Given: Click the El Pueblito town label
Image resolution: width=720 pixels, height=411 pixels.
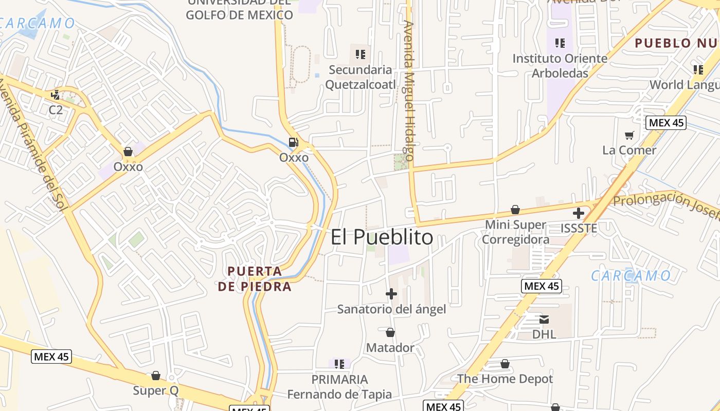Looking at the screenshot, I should point(382,237).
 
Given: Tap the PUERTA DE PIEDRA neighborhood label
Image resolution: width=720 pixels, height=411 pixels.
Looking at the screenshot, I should point(255,278).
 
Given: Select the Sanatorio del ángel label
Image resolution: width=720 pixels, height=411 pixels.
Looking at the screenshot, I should point(391,309).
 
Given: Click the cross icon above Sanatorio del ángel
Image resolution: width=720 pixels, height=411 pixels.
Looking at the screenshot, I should point(391,294).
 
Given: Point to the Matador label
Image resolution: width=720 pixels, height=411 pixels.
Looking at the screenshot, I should point(390,348).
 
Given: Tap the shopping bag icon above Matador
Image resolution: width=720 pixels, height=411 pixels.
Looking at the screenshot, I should point(390,333).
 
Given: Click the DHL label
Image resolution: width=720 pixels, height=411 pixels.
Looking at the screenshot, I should point(544,334).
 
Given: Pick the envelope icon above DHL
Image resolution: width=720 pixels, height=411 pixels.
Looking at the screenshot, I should point(544,320).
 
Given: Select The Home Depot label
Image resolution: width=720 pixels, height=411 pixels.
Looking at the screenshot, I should point(505,379).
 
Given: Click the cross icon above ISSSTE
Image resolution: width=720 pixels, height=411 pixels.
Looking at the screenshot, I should point(579,213).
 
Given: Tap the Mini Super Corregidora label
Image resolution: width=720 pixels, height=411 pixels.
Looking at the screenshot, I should point(515,232).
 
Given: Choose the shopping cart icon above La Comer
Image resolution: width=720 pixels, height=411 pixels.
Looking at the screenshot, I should point(629,136).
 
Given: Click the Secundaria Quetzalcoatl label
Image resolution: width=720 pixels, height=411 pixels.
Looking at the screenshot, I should point(361,77).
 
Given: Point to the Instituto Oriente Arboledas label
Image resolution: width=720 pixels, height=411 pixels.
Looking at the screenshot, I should point(560,66).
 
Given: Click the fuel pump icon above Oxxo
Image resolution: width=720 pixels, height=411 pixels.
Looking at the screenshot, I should point(294,142).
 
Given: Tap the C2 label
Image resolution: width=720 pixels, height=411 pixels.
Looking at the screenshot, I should point(56,109).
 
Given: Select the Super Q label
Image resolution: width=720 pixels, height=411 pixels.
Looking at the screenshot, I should point(156,390).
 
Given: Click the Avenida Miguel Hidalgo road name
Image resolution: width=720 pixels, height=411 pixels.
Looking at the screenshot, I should point(409,90).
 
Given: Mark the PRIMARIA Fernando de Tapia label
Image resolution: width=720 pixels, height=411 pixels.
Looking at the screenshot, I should point(339,387).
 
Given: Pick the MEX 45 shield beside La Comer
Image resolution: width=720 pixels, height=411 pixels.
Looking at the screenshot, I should point(666,122).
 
